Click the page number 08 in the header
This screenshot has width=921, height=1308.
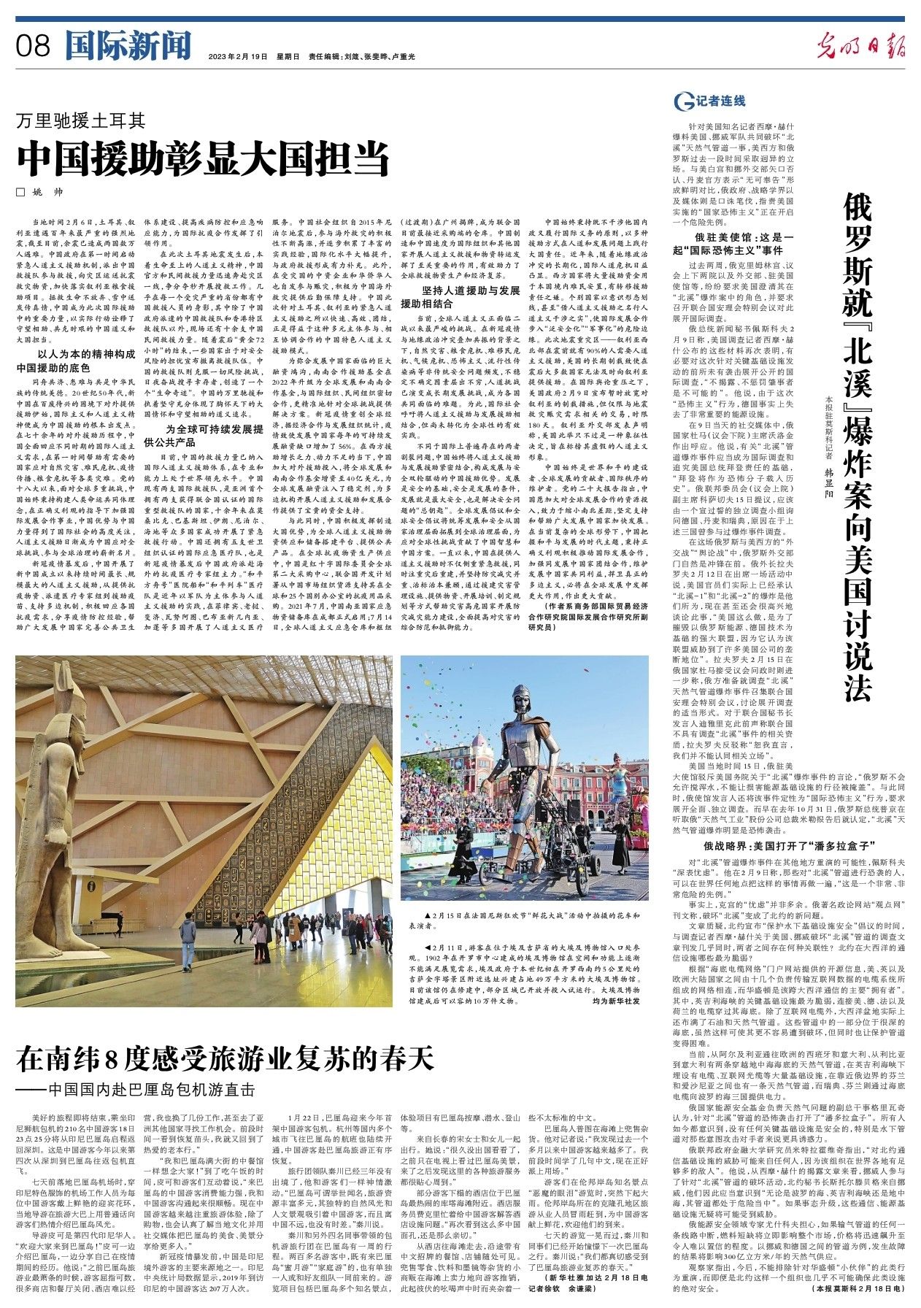34,47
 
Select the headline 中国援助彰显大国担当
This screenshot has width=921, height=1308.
204,157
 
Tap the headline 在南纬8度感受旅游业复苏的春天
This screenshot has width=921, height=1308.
226,1057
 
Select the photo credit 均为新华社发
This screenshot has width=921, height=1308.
617,1001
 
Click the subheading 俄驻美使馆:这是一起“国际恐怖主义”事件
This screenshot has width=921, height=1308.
743,244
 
